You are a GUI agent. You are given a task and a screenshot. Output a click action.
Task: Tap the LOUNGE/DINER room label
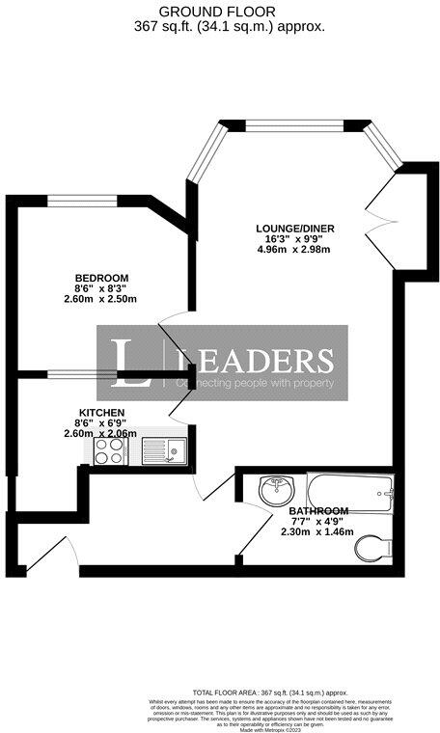click(295, 228)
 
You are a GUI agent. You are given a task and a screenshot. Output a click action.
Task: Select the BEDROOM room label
click(101, 278)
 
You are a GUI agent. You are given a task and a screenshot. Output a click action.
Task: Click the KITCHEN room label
click(101, 413)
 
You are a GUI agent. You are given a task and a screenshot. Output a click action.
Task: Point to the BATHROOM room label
click(318, 510)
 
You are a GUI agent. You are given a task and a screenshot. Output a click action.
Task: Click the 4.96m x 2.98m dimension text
click(293, 250)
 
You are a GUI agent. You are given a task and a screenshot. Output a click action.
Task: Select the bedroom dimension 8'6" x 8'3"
click(101, 288)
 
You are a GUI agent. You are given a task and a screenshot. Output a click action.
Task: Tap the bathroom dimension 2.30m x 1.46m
click(316, 531)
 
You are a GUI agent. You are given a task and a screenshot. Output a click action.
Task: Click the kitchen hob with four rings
click(108, 451)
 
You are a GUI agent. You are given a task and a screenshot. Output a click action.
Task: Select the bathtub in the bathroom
click(349, 494)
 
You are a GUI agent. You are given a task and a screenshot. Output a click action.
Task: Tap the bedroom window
click(84, 201)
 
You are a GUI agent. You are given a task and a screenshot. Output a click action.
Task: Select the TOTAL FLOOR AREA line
click(269, 692)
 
